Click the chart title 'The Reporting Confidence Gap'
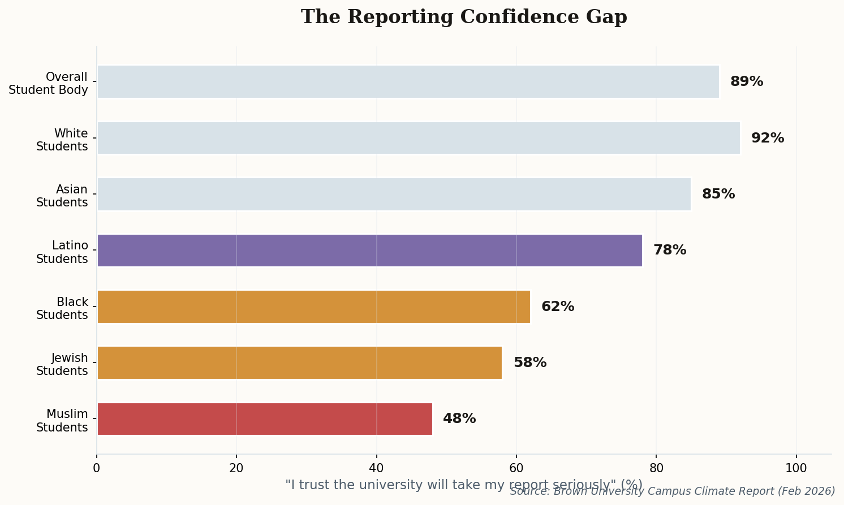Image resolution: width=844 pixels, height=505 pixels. click(x=464, y=17)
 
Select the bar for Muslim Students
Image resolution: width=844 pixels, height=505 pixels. click(x=264, y=419)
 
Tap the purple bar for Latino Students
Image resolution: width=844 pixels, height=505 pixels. click(x=369, y=251)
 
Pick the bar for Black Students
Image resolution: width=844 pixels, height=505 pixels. click(x=313, y=307)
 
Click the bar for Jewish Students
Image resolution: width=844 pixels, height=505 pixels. click(x=299, y=363)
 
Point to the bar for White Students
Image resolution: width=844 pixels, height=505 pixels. click(x=418, y=138)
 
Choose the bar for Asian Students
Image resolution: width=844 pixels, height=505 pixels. click(x=394, y=195)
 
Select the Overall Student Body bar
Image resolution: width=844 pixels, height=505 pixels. click(x=408, y=82)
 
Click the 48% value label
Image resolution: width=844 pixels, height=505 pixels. click(x=459, y=419)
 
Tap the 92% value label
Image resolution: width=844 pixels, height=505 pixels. click(x=768, y=139)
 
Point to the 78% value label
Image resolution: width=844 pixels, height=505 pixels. click(x=670, y=251)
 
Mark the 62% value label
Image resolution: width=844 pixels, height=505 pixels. click(x=558, y=307)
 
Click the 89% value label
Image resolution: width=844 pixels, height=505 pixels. click(x=747, y=82)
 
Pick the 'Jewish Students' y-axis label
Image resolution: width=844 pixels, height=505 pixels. click(x=62, y=365)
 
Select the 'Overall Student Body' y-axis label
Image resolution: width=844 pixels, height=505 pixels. click(x=49, y=84)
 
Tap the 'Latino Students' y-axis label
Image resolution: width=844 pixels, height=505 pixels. click(x=62, y=252)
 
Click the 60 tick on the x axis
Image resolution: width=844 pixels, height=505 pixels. click(x=516, y=468)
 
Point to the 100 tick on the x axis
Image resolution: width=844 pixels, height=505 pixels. click(x=796, y=468)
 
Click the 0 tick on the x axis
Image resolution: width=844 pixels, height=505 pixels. click(x=97, y=468)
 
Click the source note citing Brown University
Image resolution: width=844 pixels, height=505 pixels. click(x=672, y=491)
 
